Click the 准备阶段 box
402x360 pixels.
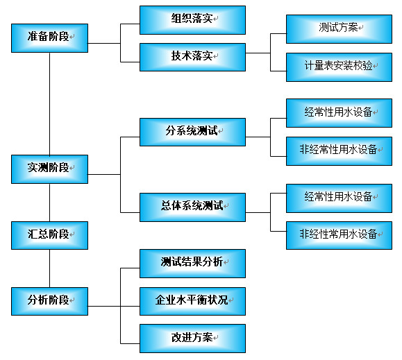pos(49,37)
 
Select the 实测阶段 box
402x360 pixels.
pos(49,169)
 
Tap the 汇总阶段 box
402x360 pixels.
pos(49,235)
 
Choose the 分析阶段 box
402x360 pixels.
pos(49,301)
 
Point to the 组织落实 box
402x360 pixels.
pos(192,19)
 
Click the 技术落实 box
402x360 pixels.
pos(192,57)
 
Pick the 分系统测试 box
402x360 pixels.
pos(192,132)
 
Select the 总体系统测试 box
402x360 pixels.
pos(192,206)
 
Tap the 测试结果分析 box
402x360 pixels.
pos(192,263)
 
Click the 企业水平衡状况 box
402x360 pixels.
pos(192,300)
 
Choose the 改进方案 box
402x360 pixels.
pos(192,338)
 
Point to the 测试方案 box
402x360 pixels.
pos(339,28)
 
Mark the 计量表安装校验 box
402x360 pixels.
pos(339,67)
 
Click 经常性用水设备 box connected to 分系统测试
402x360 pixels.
pos(339,112)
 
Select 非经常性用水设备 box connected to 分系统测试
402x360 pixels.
pos(339,151)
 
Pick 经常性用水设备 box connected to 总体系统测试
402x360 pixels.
pos(339,197)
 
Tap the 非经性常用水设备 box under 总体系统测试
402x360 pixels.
pos(339,234)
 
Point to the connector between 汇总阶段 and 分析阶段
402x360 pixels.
pos(49,268)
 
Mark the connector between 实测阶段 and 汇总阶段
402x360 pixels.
pos(49,202)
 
